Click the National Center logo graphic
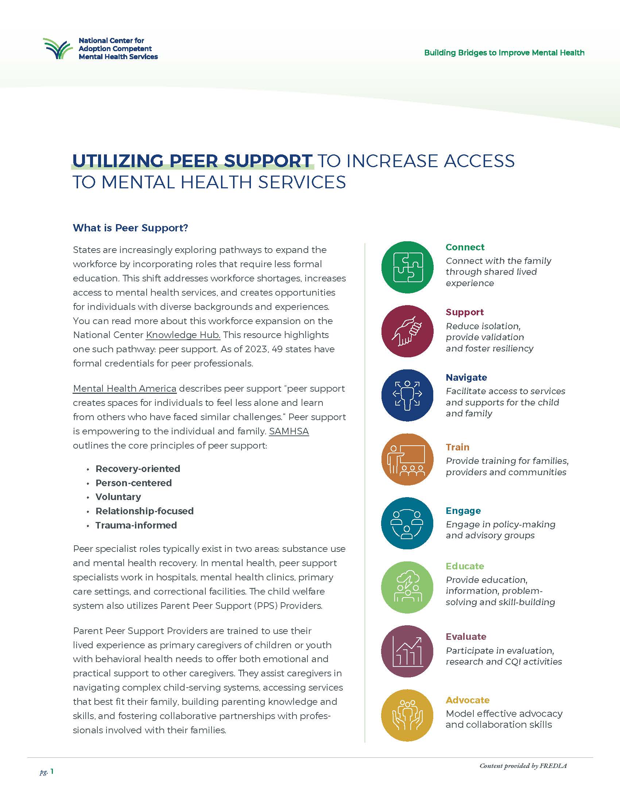point(58,49)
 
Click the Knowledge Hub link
point(183,335)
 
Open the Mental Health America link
point(124,389)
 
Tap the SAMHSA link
point(289,431)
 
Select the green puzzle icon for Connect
point(407,267)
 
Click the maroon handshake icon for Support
point(407,331)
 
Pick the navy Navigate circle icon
point(407,395)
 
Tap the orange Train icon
point(407,459)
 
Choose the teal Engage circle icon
point(407,523)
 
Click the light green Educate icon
point(407,587)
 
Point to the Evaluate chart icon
point(407,651)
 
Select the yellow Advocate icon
point(407,715)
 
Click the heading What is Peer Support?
point(131,228)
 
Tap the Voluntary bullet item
point(118,497)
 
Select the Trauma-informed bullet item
point(136,525)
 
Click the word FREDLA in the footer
point(553,766)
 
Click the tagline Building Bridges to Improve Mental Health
point(504,53)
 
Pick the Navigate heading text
point(466,378)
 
